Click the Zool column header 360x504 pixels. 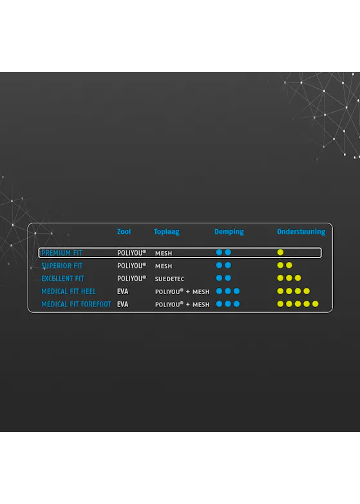click(x=124, y=232)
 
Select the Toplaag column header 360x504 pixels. click(x=166, y=232)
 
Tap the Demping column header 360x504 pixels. click(x=229, y=232)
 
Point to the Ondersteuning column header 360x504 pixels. click(x=301, y=232)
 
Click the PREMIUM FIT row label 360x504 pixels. click(x=62, y=253)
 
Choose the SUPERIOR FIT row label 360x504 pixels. click(x=62, y=266)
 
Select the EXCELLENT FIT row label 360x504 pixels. click(x=62, y=278)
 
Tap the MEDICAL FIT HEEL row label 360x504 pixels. click(x=68, y=291)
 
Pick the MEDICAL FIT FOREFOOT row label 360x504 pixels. click(x=76, y=304)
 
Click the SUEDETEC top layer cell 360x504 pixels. click(x=169, y=279)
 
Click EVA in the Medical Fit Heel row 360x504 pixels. click(x=122, y=291)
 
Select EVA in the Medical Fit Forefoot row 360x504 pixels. click(x=122, y=304)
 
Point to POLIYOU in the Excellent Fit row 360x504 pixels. click(x=131, y=278)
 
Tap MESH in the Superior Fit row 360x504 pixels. click(x=164, y=266)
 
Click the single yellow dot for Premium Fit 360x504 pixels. click(x=280, y=252)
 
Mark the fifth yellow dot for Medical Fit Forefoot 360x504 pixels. click(x=316, y=304)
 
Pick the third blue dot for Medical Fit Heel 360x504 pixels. click(x=236, y=291)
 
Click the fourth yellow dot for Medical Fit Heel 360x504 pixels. click(x=307, y=291)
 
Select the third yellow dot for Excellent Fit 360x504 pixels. click(x=298, y=277)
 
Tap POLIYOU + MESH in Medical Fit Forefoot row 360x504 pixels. click(x=182, y=304)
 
